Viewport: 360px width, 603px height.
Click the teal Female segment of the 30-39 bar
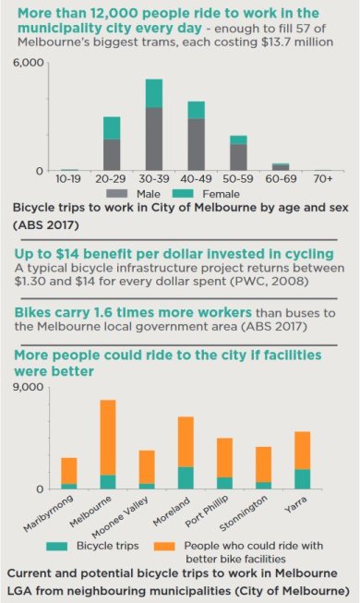click(153, 93)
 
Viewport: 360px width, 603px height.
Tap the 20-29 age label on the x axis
click(112, 178)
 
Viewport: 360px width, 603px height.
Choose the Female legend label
click(222, 194)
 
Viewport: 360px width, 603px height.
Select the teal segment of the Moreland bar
click(186, 477)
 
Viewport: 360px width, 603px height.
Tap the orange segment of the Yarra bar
click(303, 451)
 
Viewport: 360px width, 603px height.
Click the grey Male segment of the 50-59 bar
click(238, 157)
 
